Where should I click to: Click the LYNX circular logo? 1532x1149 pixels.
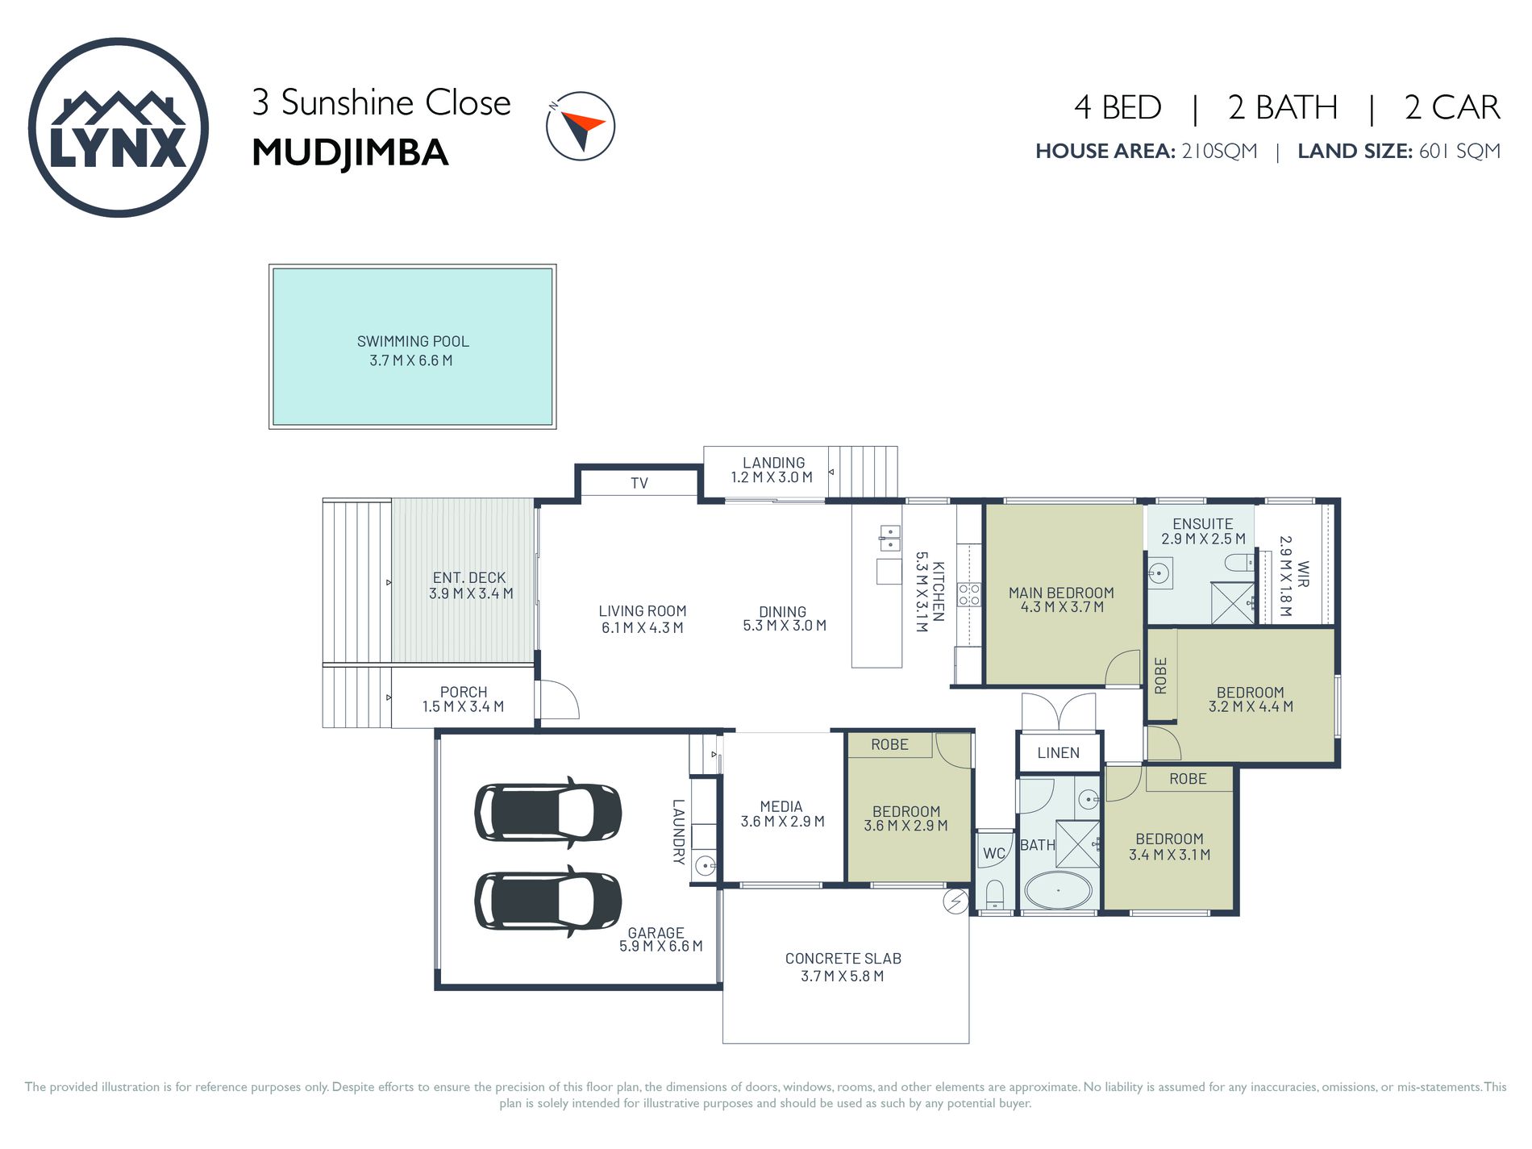pyautogui.click(x=119, y=127)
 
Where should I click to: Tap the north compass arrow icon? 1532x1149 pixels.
pyautogui.click(x=581, y=126)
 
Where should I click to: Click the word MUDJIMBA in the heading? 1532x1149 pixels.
pyautogui.click(x=349, y=153)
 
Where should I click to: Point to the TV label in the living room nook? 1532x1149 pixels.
pyautogui.click(x=639, y=483)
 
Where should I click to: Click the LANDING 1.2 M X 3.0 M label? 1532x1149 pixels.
pyautogui.click(x=772, y=469)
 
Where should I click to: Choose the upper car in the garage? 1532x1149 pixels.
pyautogui.click(x=548, y=812)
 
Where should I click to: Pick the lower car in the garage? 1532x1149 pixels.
pyautogui.click(x=548, y=901)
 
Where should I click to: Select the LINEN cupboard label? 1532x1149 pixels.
pyautogui.click(x=1058, y=752)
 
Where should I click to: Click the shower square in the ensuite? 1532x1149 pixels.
pyautogui.click(x=1232, y=602)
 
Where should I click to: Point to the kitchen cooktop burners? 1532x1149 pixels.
pyautogui.click(x=968, y=595)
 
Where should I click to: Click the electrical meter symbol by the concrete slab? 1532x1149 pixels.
pyautogui.click(x=955, y=901)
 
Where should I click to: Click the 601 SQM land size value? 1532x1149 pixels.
pyautogui.click(x=1459, y=152)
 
